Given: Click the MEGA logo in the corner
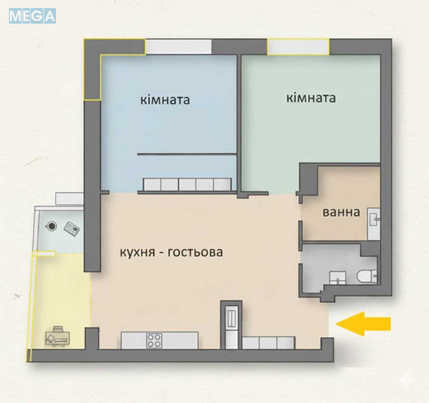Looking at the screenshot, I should click(x=32, y=15).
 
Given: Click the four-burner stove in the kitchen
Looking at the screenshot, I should click(x=154, y=340).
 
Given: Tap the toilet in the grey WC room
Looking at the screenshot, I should click(x=366, y=276).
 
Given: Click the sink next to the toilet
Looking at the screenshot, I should click(x=340, y=277).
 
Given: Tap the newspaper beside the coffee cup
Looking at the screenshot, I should click(x=71, y=228).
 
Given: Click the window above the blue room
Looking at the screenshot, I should click(x=180, y=47).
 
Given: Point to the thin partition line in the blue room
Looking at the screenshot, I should click(x=186, y=153).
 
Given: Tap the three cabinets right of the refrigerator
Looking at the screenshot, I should click(x=269, y=343).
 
